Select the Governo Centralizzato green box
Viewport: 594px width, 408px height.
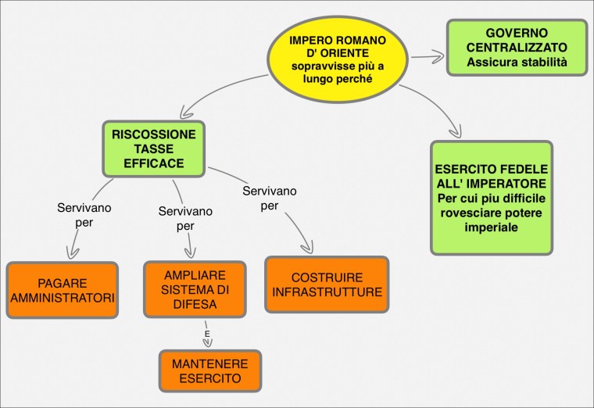click(x=517, y=48)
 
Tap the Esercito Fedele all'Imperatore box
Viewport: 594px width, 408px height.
click(x=492, y=198)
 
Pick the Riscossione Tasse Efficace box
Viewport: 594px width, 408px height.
click(x=153, y=149)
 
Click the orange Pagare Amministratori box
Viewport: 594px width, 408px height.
click(x=63, y=290)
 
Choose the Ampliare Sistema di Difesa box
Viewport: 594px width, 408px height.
click(x=195, y=289)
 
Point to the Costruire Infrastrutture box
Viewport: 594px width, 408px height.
click(x=327, y=285)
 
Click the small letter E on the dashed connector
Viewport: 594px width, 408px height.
click(x=207, y=334)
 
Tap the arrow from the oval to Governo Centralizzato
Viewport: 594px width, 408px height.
click(x=427, y=56)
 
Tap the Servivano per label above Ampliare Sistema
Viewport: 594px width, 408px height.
click(x=185, y=219)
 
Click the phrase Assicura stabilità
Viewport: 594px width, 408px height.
click(x=517, y=61)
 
